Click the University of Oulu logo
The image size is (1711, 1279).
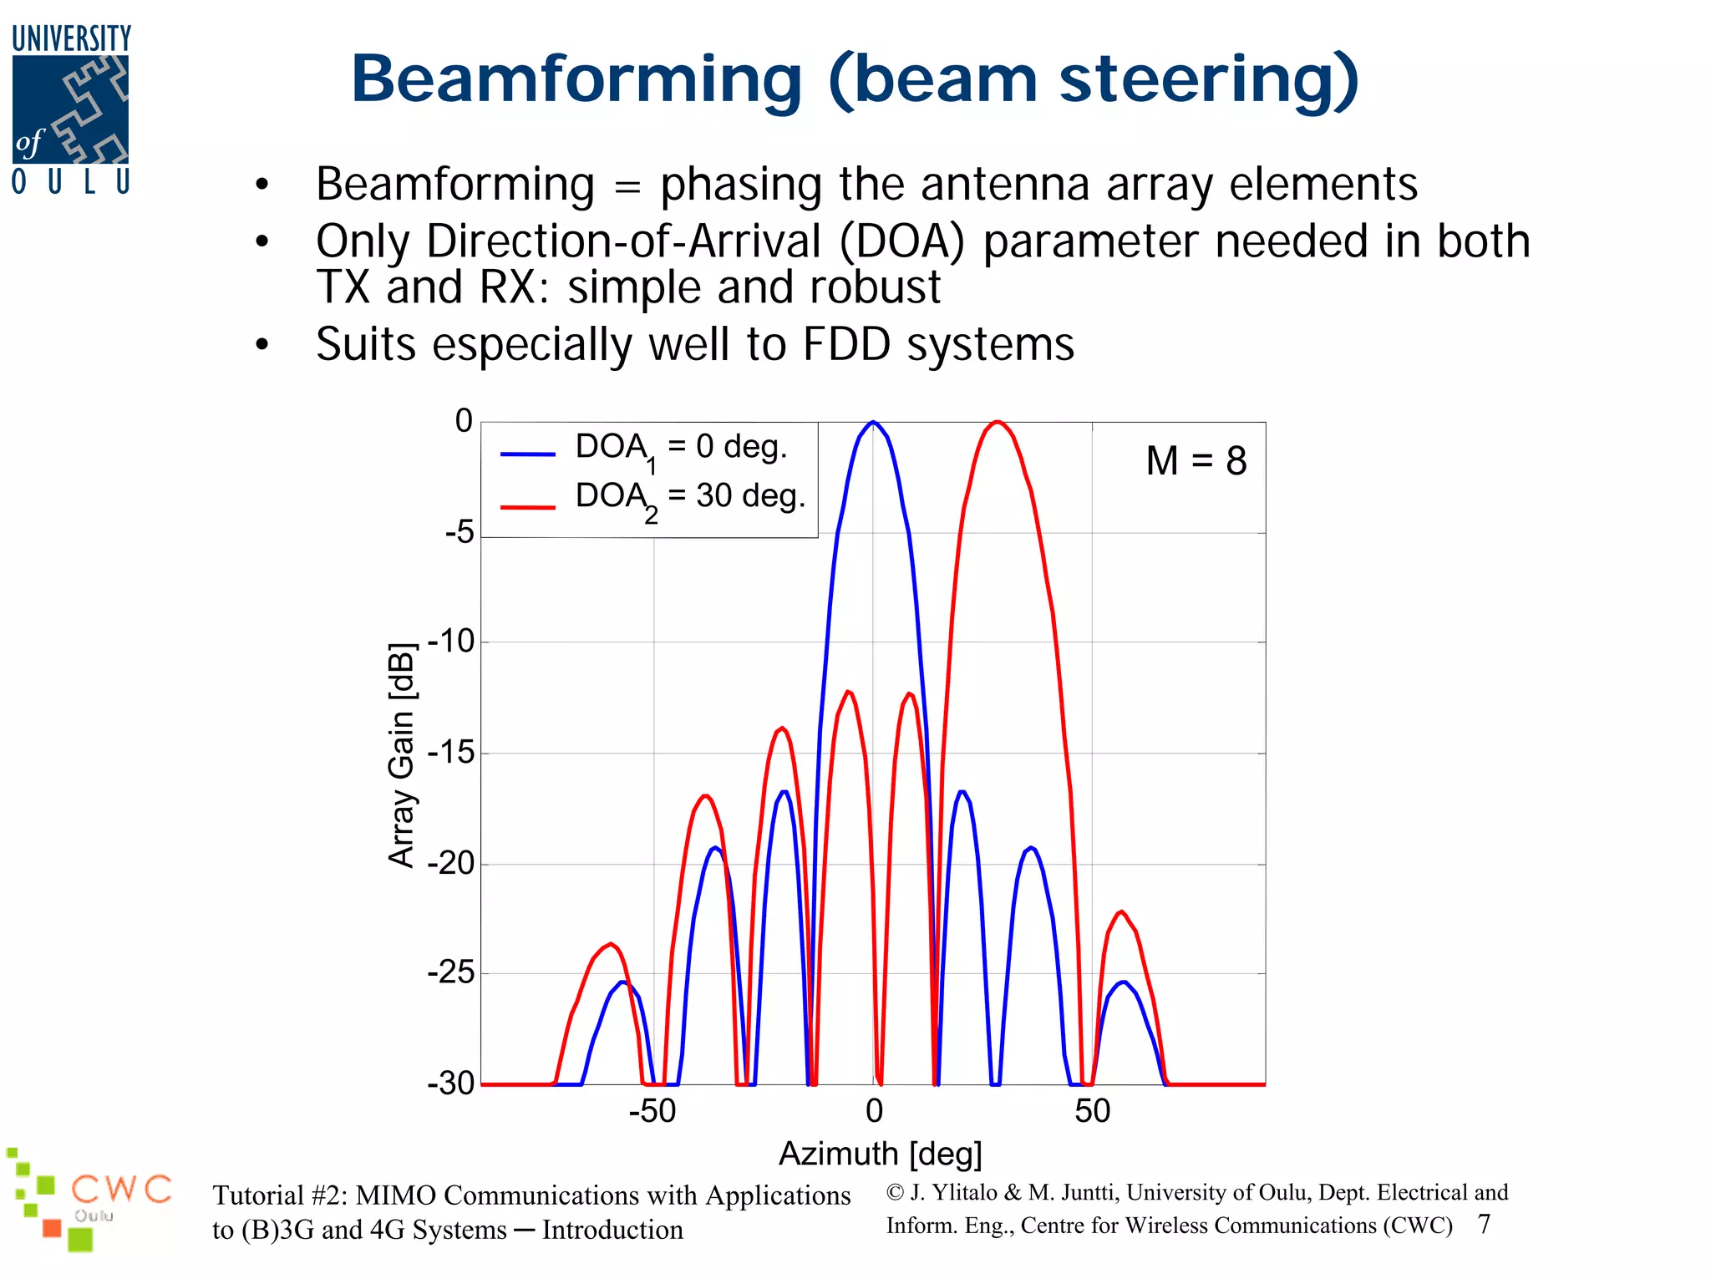(x=71, y=109)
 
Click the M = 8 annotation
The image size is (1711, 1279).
(x=1196, y=461)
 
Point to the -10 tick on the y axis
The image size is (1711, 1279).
(x=451, y=642)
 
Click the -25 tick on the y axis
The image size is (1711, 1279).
(x=451, y=973)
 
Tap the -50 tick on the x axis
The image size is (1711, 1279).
(x=652, y=1112)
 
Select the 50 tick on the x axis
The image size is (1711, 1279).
(x=1092, y=1112)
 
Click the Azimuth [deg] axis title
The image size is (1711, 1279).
(x=880, y=1155)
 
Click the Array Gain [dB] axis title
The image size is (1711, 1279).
(x=402, y=755)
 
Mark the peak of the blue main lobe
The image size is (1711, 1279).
(x=873, y=422)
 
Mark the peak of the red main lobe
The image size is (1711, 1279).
(x=997, y=422)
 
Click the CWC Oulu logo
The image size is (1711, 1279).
(x=88, y=1199)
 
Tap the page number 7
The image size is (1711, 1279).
(x=1484, y=1225)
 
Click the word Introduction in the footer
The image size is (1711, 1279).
(x=612, y=1231)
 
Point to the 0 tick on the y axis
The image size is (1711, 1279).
(x=464, y=421)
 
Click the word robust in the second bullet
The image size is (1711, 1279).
(x=875, y=287)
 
